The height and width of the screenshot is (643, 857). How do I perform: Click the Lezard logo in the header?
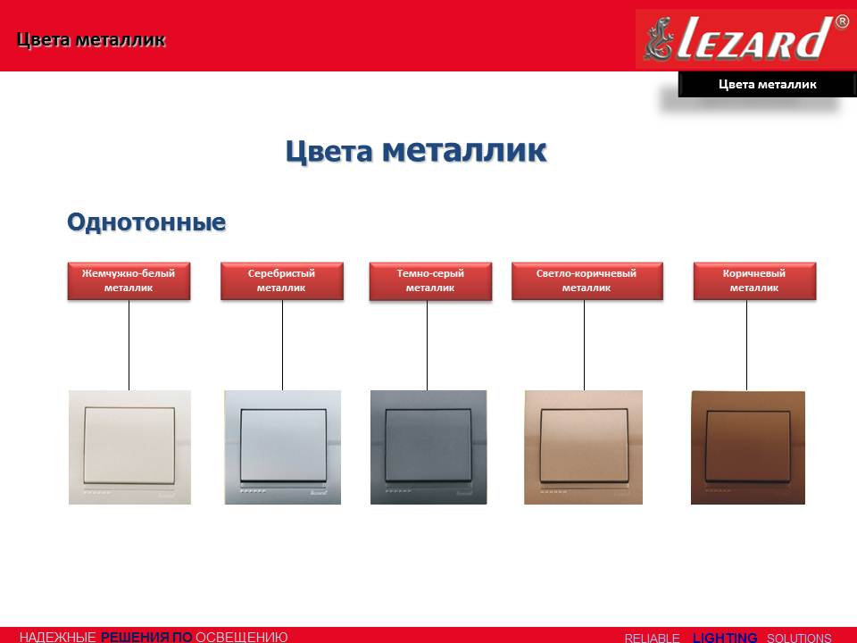(x=745, y=38)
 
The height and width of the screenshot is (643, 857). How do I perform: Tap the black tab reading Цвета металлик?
(x=767, y=84)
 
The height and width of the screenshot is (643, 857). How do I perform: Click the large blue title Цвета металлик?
(x=416, y=150)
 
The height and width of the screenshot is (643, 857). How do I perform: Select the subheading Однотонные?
(x=146, y=222)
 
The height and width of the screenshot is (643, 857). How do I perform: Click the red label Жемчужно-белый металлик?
(x=129, y=280)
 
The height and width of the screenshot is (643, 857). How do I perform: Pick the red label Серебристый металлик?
(x=282, y=280)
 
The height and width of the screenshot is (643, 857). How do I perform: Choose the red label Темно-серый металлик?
(x=430, y=280)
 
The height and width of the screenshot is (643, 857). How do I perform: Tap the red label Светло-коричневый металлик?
(x=587, y=280)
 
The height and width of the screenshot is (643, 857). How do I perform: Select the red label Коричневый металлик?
(x=755, y=280)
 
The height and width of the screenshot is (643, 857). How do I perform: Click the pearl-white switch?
(x=129, y=447)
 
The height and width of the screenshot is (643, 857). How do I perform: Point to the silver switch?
(x=283, y=447)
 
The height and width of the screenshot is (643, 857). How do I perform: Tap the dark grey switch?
(x=428, y=447)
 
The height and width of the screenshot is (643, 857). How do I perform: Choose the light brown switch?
(x=583, y=447)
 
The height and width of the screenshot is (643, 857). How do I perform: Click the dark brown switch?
(x=748, y=447)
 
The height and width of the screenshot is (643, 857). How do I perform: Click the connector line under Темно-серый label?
(x=427, y=345)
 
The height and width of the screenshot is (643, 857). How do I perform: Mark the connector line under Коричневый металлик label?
(x=746, y=345)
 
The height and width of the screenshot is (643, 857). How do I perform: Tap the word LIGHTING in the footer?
(x=725, y=638)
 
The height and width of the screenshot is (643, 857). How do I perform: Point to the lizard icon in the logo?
(x=659, y=38)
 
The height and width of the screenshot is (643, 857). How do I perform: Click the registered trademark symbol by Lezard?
(x=842, y=21)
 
